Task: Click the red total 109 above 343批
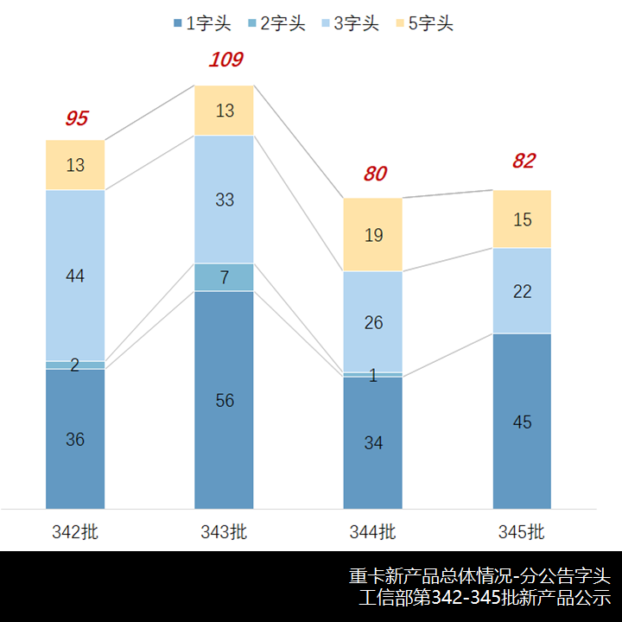[x=225, y=60]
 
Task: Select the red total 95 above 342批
[x=77, y=118]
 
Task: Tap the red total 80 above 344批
[x=375, y=174]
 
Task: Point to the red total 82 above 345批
[x=524, y=161]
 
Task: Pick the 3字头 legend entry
[x=350, y=23]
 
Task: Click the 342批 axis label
[x=75, y=531]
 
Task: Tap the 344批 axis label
[x=373, y=531]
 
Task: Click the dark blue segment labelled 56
[x=224, y=400]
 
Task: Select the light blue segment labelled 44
[x=75, y=276]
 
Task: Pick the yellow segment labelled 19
[x=373, y=234]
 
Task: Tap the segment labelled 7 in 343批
[x=224, y=277]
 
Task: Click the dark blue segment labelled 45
[x=522, y=422]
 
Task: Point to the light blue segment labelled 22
[x=522, y=291]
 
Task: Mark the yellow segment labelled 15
[x=522, y=219]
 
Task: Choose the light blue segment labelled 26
[x=373, y=322]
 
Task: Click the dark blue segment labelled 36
[x=75, y=439]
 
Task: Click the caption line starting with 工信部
[x=485, y=597]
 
